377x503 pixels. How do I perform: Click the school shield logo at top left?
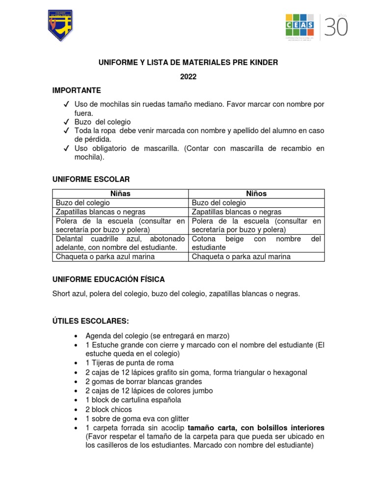coord(60,26)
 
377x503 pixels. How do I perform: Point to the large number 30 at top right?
coord(336,27)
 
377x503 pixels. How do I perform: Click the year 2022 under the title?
coord(188,77)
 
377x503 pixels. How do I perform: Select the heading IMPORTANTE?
coord(77,90)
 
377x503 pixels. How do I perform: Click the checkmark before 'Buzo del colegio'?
coord(65,122)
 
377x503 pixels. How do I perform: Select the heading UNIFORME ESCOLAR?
coord(91,179)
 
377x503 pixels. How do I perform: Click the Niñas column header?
coord(120,194)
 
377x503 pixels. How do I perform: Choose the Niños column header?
coord(257,194)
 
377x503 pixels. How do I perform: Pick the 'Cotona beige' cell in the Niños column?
coord(257,243)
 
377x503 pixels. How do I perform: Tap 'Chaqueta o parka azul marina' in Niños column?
coord(241,256)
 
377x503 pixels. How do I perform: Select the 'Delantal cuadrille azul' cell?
coord(120,243)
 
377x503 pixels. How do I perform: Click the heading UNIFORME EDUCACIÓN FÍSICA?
coord(108,279)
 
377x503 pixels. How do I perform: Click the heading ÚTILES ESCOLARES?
coord(90,321)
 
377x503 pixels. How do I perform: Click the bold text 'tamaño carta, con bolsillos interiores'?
coord(256,428)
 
